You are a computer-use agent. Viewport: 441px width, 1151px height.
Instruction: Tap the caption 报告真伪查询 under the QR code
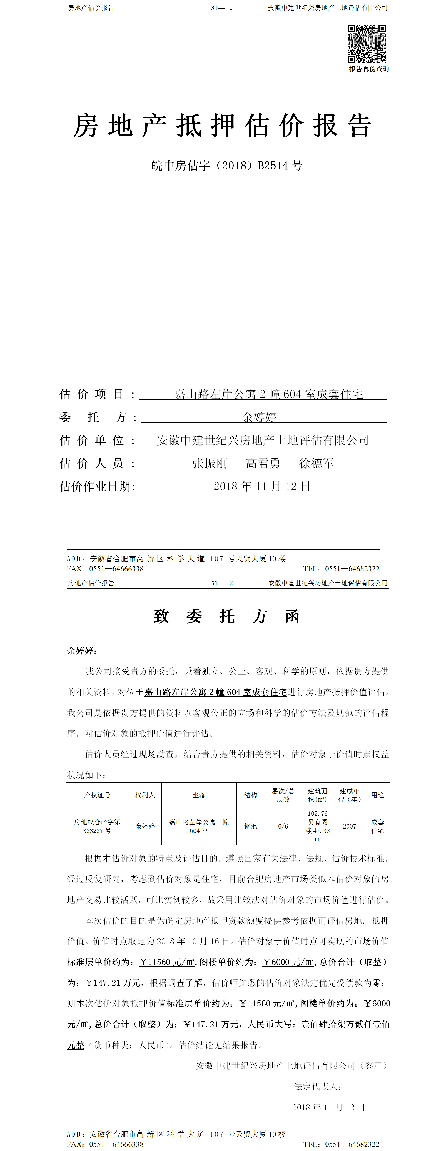tap(369, 69)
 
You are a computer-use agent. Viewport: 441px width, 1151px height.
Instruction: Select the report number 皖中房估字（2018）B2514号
tap(226, 166)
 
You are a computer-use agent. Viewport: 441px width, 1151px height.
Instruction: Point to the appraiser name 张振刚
tap(210, 463)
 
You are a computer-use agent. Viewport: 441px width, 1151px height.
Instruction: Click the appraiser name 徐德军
tap(316, 463)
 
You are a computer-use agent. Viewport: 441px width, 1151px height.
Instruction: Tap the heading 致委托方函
tap(226, 616)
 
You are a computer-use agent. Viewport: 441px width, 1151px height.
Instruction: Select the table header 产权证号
tap(97, 795)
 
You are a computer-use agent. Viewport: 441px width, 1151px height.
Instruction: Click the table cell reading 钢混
tap(251, 826)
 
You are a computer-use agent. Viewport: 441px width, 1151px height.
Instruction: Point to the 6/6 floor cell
tap(283, 826)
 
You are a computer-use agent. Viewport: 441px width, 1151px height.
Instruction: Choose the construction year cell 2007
tap(349, 826)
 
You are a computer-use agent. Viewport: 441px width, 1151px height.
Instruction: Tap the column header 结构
tap(251, 795)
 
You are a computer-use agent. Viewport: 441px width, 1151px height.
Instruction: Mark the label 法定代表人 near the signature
tap(318, 1086)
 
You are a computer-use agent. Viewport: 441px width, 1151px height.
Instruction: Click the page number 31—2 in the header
tap(222, 583)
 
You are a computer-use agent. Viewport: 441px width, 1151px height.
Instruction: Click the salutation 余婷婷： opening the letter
tap(82, 650)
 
